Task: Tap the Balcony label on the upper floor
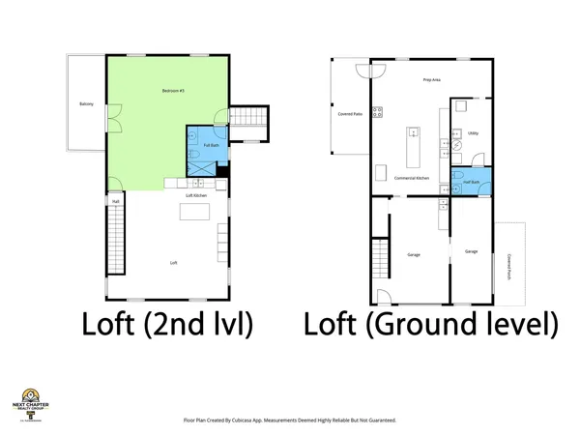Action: [x=87, y=104]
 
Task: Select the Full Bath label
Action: [x=197, y=145]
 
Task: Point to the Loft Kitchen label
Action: [x=196, y=196]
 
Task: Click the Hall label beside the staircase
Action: [x=116, y=202]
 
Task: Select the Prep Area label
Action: [x=433, y=80]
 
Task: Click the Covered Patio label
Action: [x=351, y=113]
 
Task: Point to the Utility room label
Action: [x=473, y=133]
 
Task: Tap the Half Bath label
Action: [x=473, y=180]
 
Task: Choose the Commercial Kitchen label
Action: [x=413, y=180]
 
